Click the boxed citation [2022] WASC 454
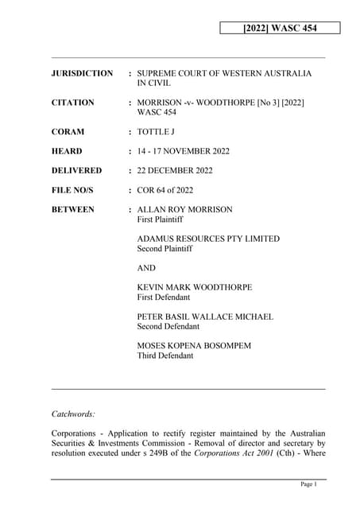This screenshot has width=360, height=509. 280,29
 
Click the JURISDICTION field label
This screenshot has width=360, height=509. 82,73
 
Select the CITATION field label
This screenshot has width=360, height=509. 72,103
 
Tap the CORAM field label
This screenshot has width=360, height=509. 68,132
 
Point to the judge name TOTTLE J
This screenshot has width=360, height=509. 161,132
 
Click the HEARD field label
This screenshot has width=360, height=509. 67,151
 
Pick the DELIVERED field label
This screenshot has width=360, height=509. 76,170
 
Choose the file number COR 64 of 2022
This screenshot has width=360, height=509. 176,190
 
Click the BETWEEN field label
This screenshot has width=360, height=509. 72,209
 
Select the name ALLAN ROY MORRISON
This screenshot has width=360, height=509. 185,209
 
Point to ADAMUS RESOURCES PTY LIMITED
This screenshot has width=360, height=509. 208,239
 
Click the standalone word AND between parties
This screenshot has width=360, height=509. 147,268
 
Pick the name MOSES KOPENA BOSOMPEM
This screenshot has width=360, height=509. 199,346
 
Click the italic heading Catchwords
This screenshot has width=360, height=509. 73,414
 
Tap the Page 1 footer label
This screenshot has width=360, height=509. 309,484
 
